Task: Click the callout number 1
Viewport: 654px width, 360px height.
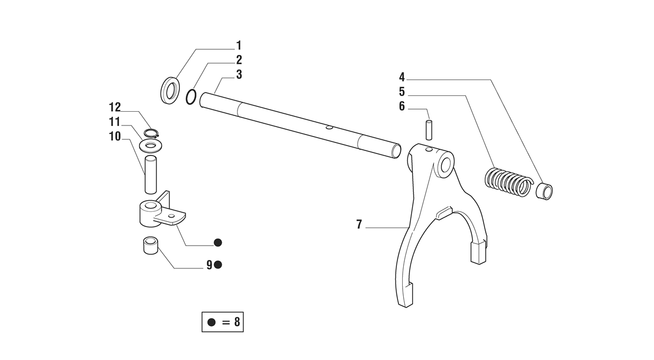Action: click(x=239, y=46)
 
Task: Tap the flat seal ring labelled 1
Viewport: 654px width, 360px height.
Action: click(x=170, y=90)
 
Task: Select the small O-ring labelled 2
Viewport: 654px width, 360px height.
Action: click(x=191, y=97)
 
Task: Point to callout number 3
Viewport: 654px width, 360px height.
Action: click(x=239, y=75)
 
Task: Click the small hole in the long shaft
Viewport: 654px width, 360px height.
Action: click(x=330, y=128)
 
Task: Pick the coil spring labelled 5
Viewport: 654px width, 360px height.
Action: click(x=508, y=182)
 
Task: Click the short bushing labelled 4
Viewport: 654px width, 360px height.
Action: click(x=544, y=191)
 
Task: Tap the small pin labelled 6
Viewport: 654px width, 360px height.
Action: click(x=429, y=130)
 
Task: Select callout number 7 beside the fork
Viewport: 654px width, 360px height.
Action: click(x=359, y=224)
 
